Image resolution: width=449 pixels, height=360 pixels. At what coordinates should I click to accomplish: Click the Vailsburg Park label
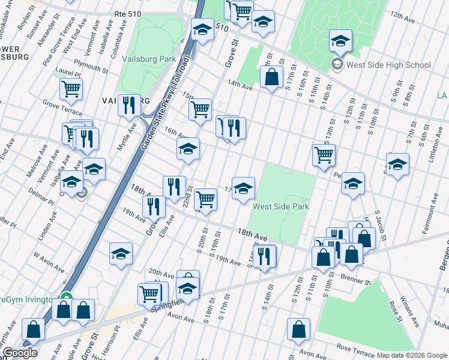click(148, 59)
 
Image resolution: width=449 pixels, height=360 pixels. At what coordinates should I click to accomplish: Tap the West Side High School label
click(388, 65)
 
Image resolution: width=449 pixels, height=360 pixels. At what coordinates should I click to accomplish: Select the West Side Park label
click(281, 206)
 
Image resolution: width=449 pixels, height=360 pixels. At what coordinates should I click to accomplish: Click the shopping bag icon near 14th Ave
click(271, 77)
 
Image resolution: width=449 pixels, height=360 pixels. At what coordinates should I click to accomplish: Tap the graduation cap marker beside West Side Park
click(243, 189)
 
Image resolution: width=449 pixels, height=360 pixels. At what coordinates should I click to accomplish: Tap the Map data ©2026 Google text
click(412, 355)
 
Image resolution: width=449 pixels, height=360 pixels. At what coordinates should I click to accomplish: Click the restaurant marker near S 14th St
click(264, 256)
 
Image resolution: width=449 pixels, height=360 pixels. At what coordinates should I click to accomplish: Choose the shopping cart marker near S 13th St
click(324, 155)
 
